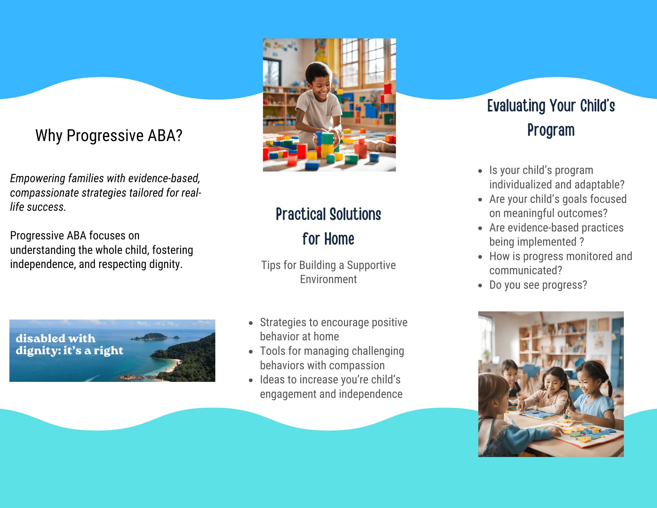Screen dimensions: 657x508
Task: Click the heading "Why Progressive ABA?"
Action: (x=109, y=135)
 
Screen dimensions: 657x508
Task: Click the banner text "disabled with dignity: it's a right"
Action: (x=69, y=344)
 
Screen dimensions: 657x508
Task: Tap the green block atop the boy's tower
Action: (x=328, y=138)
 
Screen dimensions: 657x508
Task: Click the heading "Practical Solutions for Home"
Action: (x=328, y=226)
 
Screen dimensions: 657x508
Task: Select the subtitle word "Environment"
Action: (x=328, y=279)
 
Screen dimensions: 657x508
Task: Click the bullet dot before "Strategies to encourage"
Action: (x=251, y=323)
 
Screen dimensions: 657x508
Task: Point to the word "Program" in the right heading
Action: (x=551, y=130)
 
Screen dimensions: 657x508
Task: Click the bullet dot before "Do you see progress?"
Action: (x=480, y=285)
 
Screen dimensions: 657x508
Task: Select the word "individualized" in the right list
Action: (x=521, y=184)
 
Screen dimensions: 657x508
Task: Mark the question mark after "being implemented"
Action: (x=582, y=242)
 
